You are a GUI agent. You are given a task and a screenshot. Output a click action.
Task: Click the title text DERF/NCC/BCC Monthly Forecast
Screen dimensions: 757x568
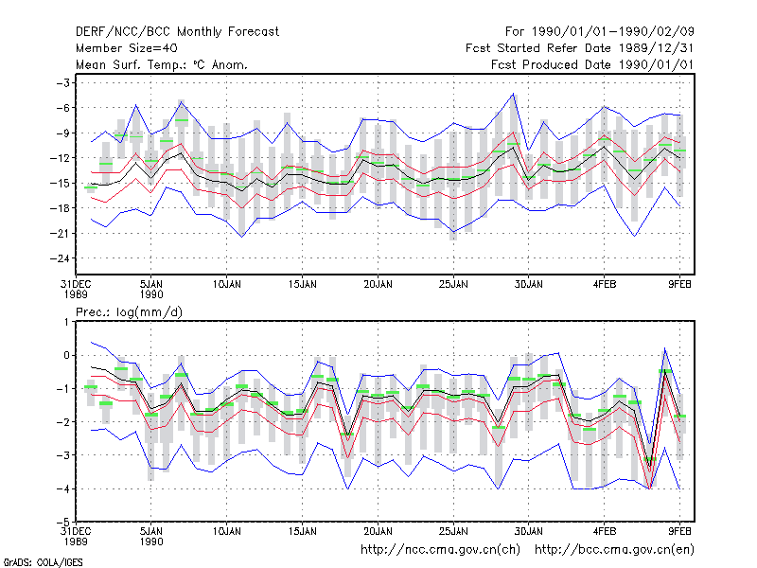pos(177,32)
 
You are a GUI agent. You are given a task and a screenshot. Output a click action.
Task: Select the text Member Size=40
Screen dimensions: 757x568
pos(127,48)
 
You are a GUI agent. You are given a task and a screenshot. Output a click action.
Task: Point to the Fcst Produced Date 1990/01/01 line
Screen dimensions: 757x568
pos(592,64)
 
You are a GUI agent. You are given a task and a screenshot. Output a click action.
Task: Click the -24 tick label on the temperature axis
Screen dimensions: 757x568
pos(61,258)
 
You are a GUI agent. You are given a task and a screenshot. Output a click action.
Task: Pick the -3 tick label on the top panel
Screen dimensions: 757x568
pos(63,83)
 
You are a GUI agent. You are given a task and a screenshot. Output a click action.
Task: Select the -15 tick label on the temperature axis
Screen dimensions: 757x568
pos(61,183)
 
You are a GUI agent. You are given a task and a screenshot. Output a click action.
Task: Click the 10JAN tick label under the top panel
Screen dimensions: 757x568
pos(226,285)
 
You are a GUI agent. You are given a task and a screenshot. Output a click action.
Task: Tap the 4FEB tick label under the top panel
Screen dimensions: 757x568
pos(605,285)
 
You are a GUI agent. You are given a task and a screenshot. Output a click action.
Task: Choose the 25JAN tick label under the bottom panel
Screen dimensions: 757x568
pos(453,532)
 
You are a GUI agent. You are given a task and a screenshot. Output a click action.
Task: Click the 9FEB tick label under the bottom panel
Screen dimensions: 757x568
pos(679,532)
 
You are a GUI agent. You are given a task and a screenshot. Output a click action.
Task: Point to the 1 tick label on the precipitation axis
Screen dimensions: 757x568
pos(66,322)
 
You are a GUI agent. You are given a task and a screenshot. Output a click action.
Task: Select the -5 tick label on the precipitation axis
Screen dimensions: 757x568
pos(63,523)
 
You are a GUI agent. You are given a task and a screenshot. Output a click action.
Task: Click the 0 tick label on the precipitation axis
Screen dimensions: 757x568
pos(66,356)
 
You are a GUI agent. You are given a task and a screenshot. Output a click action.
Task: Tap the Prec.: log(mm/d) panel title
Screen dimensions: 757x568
pos(129,312)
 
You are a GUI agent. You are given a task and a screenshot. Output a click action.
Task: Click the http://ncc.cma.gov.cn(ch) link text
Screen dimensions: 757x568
pos(440,550)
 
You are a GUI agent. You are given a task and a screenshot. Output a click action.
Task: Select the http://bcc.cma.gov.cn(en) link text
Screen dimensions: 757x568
pos(614,550)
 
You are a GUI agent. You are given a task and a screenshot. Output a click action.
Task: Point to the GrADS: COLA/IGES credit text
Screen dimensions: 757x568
pos(43,562)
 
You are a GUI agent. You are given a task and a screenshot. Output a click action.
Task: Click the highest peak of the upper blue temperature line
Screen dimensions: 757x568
pos(513,94)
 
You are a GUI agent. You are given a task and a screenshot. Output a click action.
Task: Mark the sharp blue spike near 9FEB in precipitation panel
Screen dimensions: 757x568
pos(665,348)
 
